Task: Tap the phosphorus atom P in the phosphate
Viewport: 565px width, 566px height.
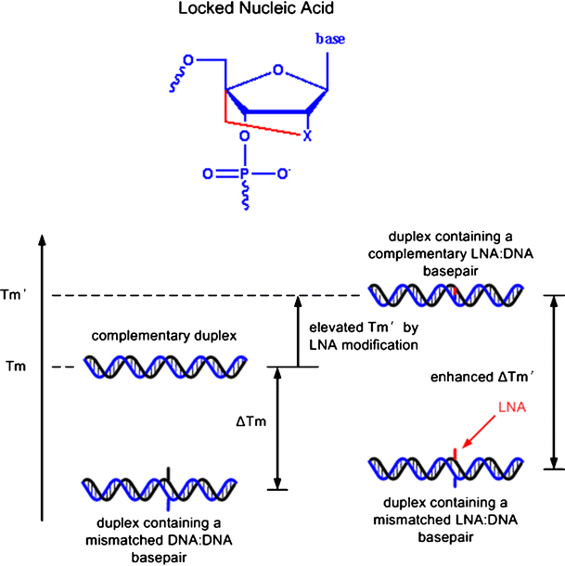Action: pyautogui.click(x=243, y=173)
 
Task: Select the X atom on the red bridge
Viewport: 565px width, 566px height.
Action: pyautogui.click(x=307, y=135)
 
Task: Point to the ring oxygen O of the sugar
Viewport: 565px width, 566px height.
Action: pyautogui.click(x=278, y=68)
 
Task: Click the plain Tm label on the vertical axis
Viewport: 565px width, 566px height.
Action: pyautogui.click(x=16, y=367)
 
